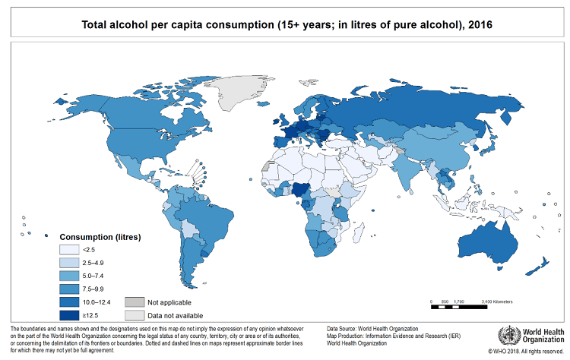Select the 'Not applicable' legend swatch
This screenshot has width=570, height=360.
tap(134, 302)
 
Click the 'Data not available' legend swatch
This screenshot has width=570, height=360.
tap(134, 314)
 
